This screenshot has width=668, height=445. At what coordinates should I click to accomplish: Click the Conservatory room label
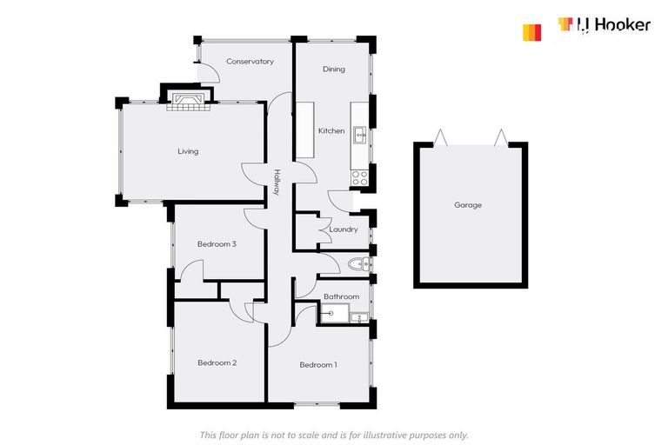pyautogui.click(x=250, y=62)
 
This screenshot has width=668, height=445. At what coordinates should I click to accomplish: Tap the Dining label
pyautogui.click(x=334, y=69)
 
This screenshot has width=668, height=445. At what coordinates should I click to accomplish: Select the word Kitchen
pyautogui.click(x=331, y=130)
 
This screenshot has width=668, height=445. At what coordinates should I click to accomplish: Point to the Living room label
pyautogui.click(x=188, y=151)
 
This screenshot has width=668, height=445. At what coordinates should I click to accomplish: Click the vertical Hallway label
pyautogui.click(x=277, y=182)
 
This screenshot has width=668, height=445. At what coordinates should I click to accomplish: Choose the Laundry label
pyautogui.click(x=344, y=229)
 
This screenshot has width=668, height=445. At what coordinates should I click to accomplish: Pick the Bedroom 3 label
pyautogui.click(x=217, y=244)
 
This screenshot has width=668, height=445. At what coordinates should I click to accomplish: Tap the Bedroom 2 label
pyautogui.click(x=217, y=362)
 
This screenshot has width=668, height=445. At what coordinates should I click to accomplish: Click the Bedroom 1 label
pyautogui.click(x=318, y=365)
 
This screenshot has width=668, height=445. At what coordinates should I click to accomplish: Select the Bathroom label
pyautogui.click(x=341, y=296)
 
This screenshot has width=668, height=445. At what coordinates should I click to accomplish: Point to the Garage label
pyautogui.click(x=468, y=205)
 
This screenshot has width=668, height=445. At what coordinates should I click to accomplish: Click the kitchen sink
pyautogui.click(x=360, y=136)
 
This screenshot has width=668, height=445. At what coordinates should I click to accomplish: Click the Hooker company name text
pyautogui.click(x=614, y=25)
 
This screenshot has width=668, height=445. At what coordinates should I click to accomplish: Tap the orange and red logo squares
pyautogui.click(x=531, y=32)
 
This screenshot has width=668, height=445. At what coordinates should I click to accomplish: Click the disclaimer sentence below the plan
pyautogui.click(x=334, y=435)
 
